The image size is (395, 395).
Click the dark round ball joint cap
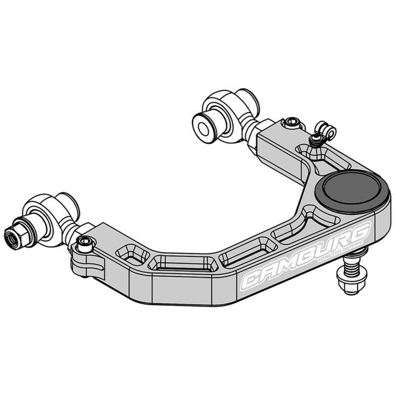(x=351, y=191)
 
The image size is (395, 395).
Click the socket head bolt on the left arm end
(x=85, y=242)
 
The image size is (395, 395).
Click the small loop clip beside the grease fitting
(x=327, y=131)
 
